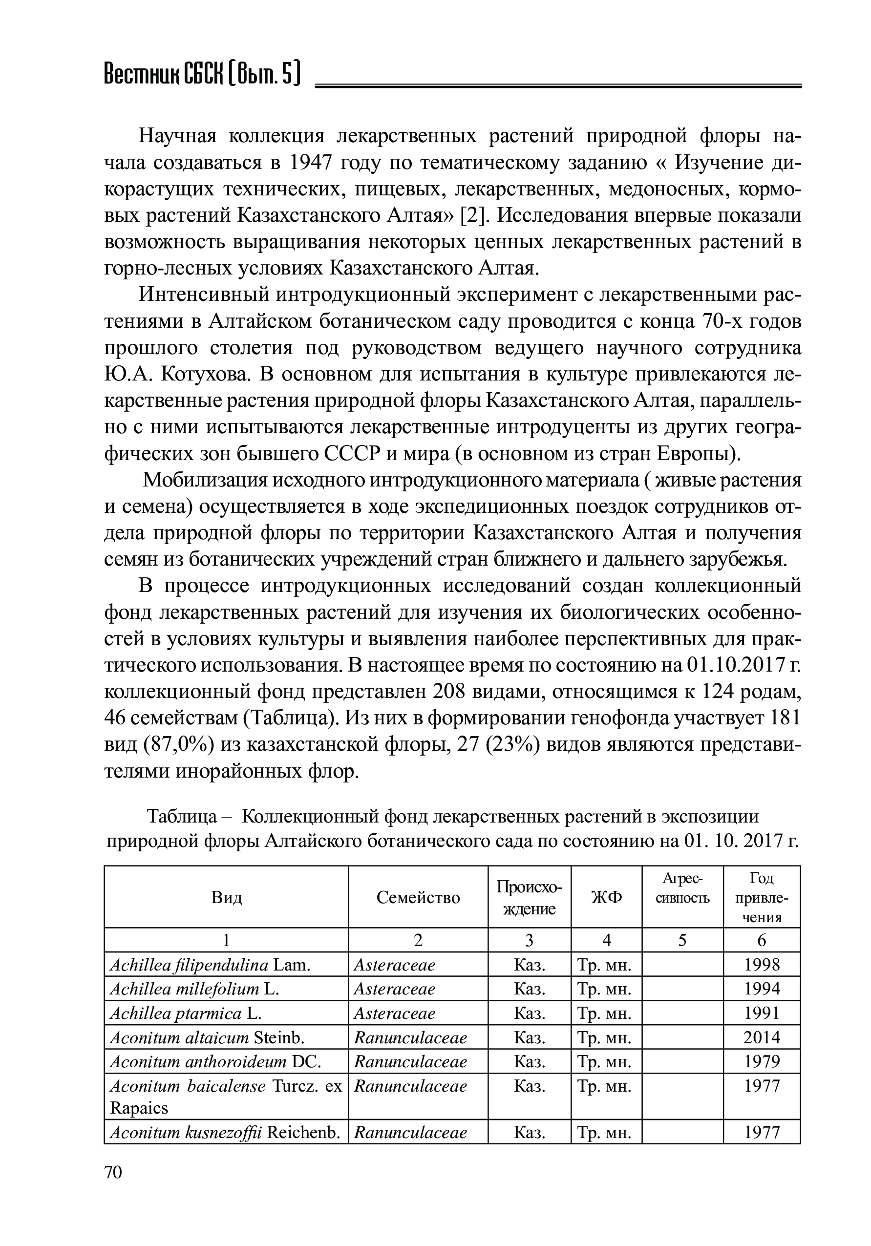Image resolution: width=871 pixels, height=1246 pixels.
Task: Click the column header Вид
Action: click(x=226, y=898)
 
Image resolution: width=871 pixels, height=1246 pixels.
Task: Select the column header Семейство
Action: click(x=418, y=898)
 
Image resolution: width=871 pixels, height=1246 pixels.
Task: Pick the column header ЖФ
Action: click(x=606, y=898)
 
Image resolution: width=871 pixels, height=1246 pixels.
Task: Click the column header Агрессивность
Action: click(x=682, y=888)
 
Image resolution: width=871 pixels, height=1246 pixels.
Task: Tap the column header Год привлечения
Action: click(x=762, y=898)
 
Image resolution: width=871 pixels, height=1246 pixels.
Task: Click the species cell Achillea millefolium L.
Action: click(x=194, y=989)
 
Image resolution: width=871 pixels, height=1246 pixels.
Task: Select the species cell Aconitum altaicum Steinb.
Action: click(x=207, y=1037)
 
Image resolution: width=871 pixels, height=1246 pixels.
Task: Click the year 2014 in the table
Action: click(x=762, y=1037)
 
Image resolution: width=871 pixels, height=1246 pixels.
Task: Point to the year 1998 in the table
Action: click(x=762, y=965)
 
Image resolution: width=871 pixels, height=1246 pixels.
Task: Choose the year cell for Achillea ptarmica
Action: click(x=762, y=1013)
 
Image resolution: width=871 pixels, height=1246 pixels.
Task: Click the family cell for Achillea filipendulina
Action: click(x=395, y=965)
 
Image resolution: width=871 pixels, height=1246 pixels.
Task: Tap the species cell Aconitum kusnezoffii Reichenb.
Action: click(x=225, y=1133)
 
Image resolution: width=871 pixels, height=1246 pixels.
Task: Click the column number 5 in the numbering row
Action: click(x=682, y=940)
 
